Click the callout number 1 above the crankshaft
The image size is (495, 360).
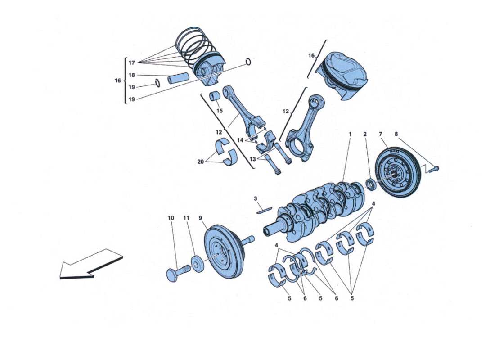click(350, 134)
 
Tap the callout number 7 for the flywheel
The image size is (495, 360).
click(381, 134)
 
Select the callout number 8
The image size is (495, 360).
click(396, 134)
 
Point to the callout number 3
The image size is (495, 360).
click(255, 198)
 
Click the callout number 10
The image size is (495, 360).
click(171, 218)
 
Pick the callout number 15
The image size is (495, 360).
click(220, 111)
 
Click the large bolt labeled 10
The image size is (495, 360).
click(175, 273)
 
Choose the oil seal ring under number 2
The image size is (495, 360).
click(372, 184)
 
